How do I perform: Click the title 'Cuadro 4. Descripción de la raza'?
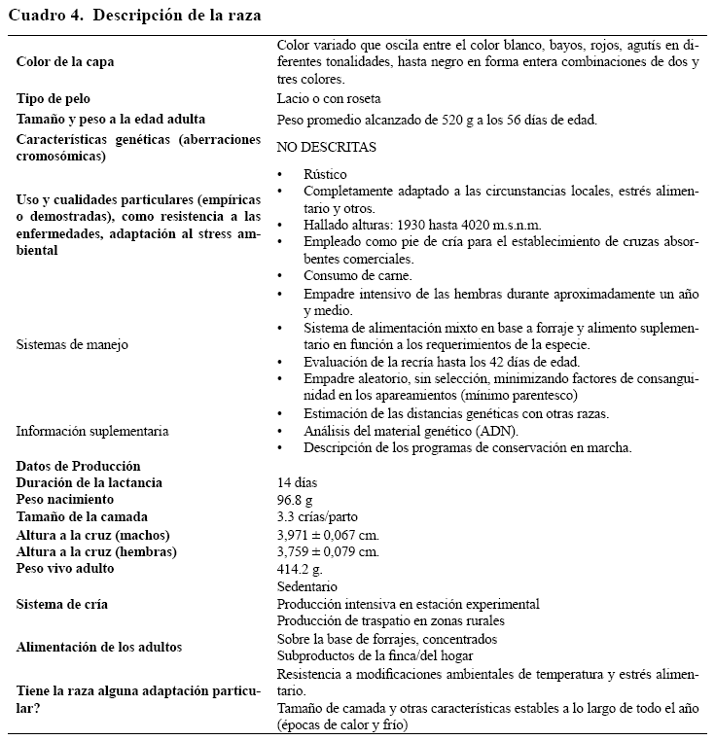pos(134,16)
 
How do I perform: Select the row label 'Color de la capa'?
pos(65,61)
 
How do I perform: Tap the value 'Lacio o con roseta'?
pos(328,98)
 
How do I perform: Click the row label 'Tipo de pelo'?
pos(54,98)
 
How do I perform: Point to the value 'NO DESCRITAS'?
pos(326,147)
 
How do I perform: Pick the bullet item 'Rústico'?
pos(325,173)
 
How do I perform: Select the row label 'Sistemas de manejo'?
pos(73,343)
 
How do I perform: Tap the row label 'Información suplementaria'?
pos(92,431)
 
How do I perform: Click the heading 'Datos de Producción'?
pos(79,466)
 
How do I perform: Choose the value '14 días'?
pos(297,482)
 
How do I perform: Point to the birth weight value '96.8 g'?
pos(296,500)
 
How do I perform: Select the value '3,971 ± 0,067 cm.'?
pos(328,534)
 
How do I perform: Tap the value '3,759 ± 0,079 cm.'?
pos(328,551)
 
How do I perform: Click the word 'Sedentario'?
pos(306,586)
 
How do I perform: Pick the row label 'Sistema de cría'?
pos(62,604)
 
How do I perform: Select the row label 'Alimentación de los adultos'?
pos(99,646)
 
